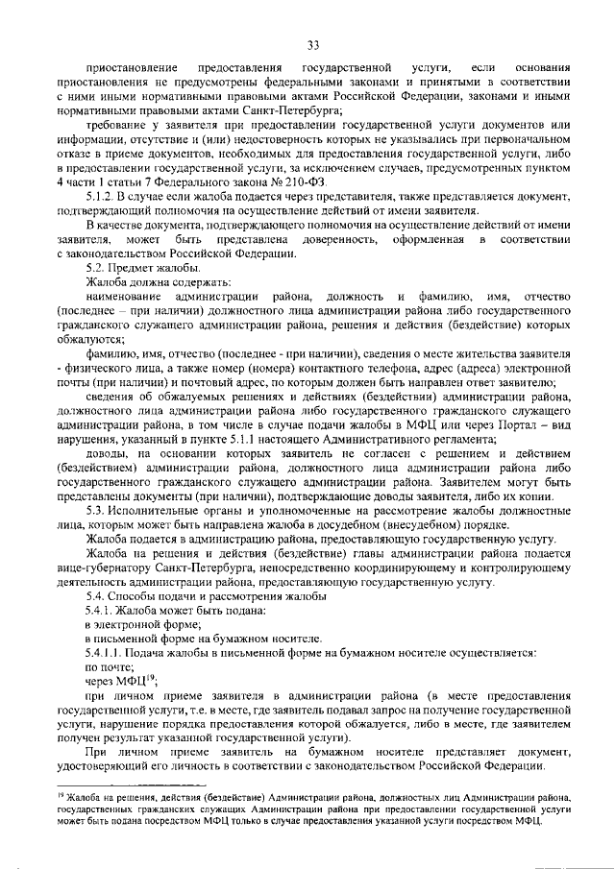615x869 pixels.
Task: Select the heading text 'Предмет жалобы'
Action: pos(142,267)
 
